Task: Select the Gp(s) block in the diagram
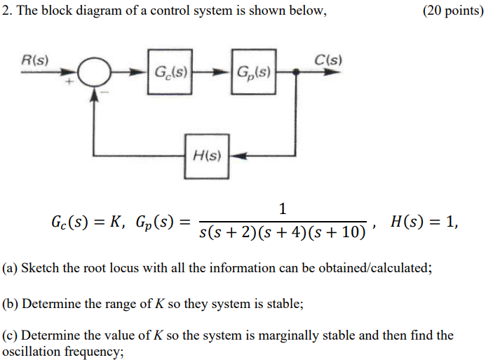[x=255, y=71]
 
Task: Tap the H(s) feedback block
[x=207, y=155]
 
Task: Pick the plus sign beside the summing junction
[x=70, y=83]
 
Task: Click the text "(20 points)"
[x=453, y=12]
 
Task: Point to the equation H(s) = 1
[x=424, y=222]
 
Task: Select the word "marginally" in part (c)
[x=255, y=335]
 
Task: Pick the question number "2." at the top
[x=7, y=12]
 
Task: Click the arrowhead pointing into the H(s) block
[x=237, y=156]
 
